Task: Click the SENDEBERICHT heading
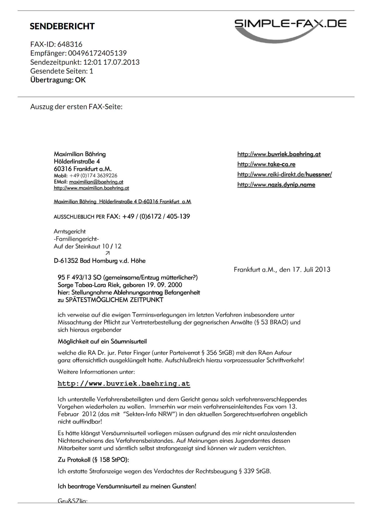[62, 26]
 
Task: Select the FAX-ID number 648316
[70, 44]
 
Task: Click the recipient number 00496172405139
[97, 53]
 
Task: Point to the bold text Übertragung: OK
[58, 80]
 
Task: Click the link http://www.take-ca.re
[266, 164]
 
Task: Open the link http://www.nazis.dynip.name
[276, 185]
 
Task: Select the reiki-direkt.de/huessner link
[284, 174]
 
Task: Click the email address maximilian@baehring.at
[96, 182]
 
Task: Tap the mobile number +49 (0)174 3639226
[93, 176]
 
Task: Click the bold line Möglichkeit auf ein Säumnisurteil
[102, 342]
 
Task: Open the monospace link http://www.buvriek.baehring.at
[124, 384]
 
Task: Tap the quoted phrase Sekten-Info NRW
[150, 414]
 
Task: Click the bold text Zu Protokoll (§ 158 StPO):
[93, 460]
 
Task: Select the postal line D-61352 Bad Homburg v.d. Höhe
[99, 261]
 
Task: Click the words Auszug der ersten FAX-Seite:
[76, 107]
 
